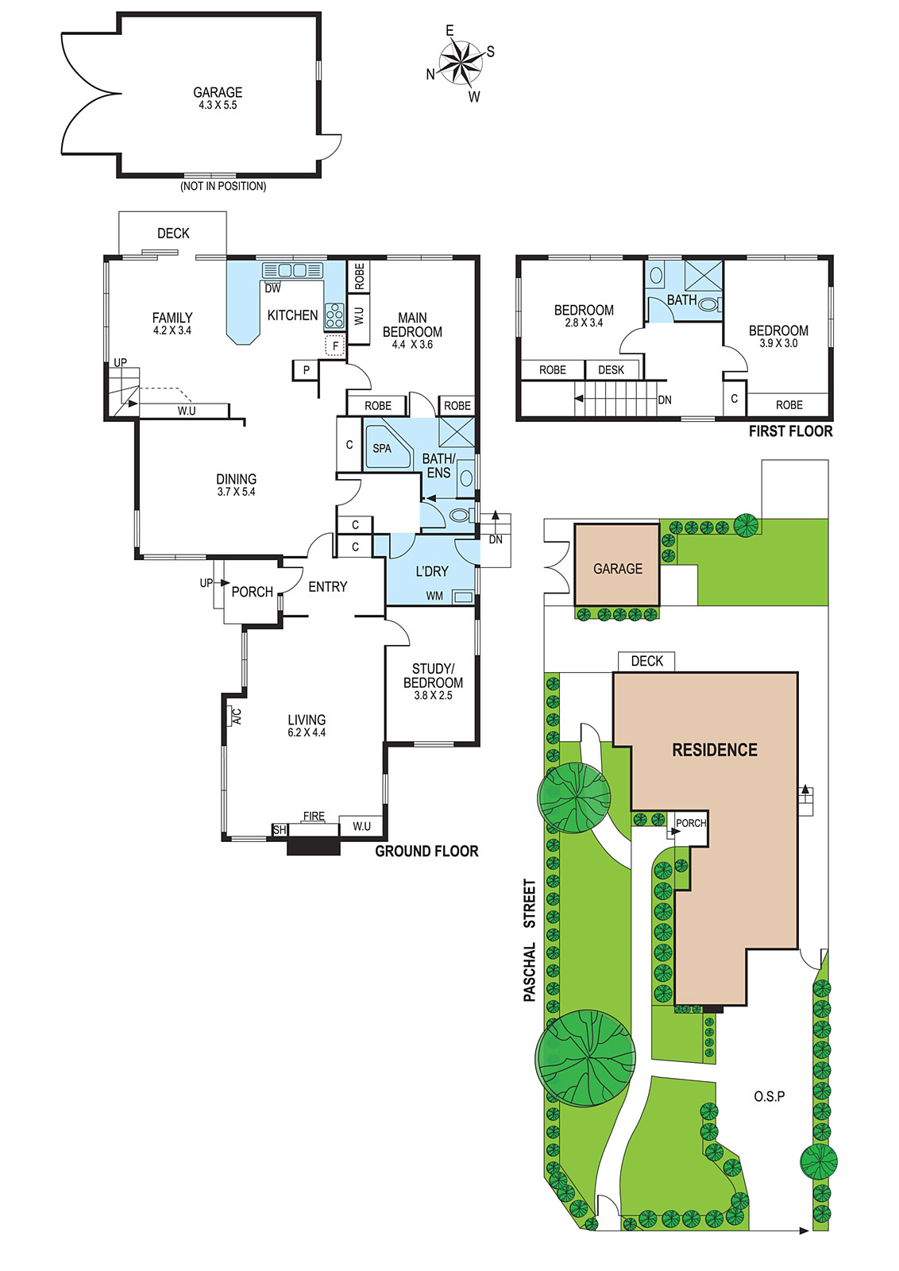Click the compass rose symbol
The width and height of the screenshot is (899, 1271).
coord(461,63)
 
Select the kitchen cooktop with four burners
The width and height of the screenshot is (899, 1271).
coord(334,316)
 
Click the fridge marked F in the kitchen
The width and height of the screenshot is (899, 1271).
coord(335,346)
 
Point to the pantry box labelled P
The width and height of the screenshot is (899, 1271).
coord(307,370)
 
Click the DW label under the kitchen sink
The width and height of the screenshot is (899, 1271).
coord(273,288)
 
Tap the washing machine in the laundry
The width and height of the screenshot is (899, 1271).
coord(463,597)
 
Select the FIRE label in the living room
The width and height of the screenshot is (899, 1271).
coord(314,816)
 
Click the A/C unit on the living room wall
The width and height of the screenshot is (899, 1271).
coord(233,716)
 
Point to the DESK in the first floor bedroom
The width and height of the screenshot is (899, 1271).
coord(611,370)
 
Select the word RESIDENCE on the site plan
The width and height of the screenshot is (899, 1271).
coord(715,750)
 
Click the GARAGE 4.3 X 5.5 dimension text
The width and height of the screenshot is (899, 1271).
coord(218,105)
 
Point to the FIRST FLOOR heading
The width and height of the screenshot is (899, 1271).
coord(791,431)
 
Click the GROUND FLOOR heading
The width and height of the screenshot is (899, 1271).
coord(426,851)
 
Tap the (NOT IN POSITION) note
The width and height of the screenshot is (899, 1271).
coord(223,186)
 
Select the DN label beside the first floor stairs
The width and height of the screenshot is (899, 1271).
coord(665,400)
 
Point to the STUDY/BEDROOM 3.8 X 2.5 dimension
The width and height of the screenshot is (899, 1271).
coord(433,695)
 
